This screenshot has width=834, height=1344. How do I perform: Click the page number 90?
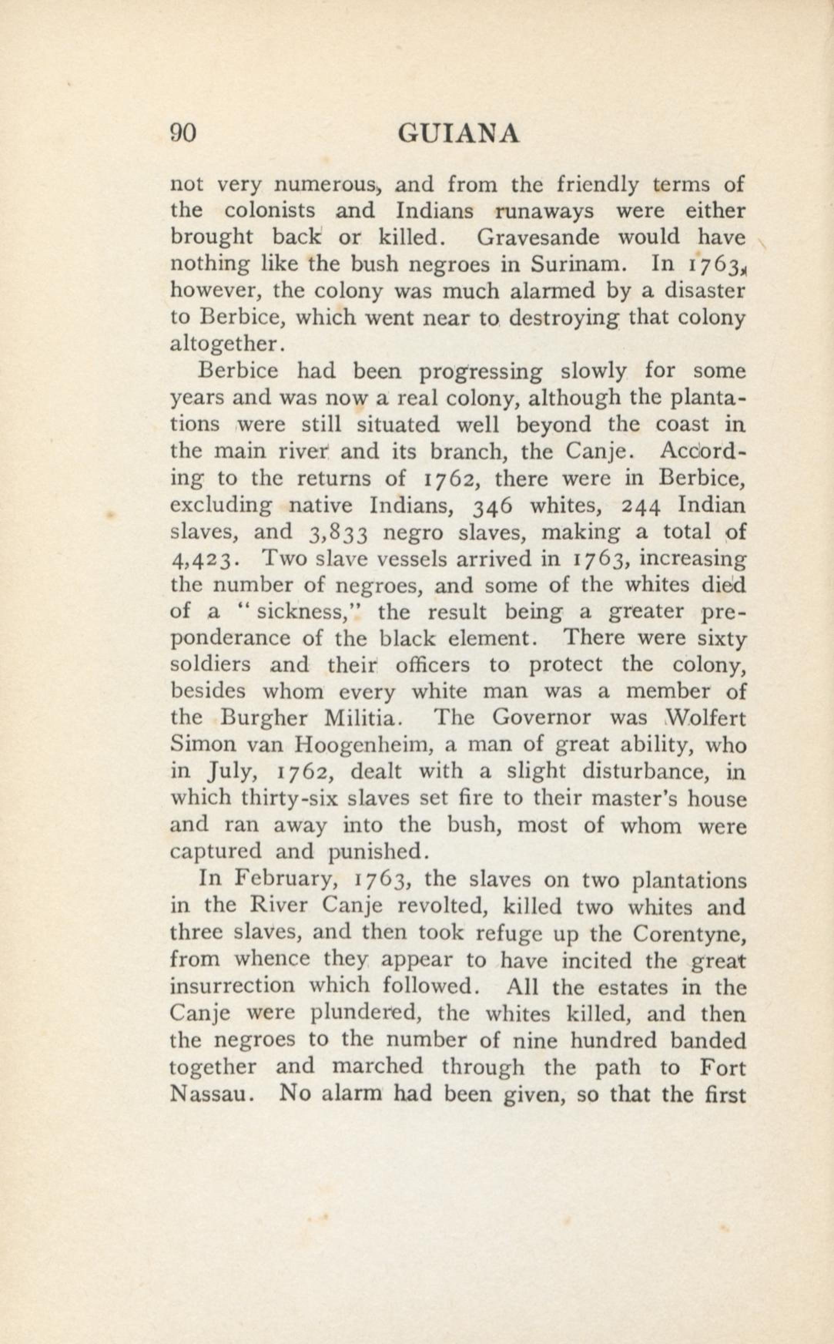183,134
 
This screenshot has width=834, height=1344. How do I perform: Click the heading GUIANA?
458,134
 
